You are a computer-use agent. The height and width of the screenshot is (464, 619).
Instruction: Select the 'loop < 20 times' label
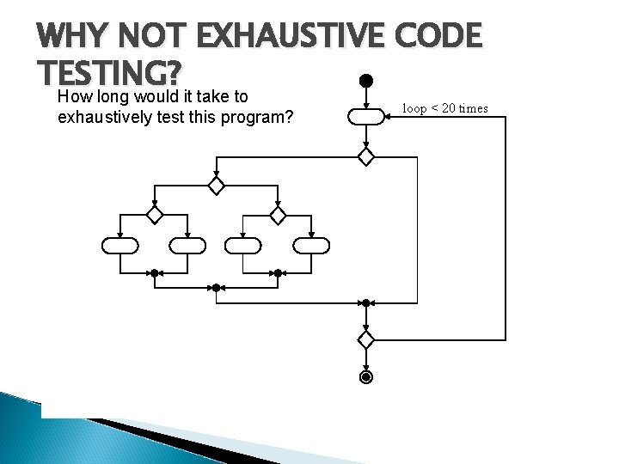[x=444, y=108]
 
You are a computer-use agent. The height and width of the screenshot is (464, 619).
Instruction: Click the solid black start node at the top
[x=365, y=81]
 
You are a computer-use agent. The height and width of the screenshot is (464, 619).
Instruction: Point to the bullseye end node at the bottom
[x=365, y=377]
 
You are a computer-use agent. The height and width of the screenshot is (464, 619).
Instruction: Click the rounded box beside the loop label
[x=365, y=117]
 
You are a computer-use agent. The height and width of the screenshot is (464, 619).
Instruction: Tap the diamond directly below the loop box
[x=365, y=156]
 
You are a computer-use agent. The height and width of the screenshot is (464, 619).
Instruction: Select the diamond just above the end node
[x=365, y=339]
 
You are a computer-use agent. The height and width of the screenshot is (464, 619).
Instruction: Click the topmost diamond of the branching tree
[x=217, y=186]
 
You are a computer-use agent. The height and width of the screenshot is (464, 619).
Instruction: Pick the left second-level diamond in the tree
[x=154, y=214]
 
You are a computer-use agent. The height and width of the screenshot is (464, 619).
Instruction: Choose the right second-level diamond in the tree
[x=278, y=214]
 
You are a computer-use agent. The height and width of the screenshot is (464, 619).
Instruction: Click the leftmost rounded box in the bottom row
[x=120, y=246]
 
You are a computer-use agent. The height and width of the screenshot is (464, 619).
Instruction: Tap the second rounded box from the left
[x=187, y=246]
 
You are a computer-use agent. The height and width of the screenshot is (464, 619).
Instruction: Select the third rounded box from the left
[x=242, y=246]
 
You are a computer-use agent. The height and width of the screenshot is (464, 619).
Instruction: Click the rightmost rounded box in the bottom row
[x=311, y=246]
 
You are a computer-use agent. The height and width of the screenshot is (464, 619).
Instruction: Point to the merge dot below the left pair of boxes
[x=154, y=273]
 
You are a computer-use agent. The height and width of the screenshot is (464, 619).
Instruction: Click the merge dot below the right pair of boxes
[x=278, y=273]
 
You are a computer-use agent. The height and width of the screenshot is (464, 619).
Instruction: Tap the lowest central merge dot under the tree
[x=217, y=288]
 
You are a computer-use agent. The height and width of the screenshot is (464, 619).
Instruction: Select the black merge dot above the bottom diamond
[x=365, y=302]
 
